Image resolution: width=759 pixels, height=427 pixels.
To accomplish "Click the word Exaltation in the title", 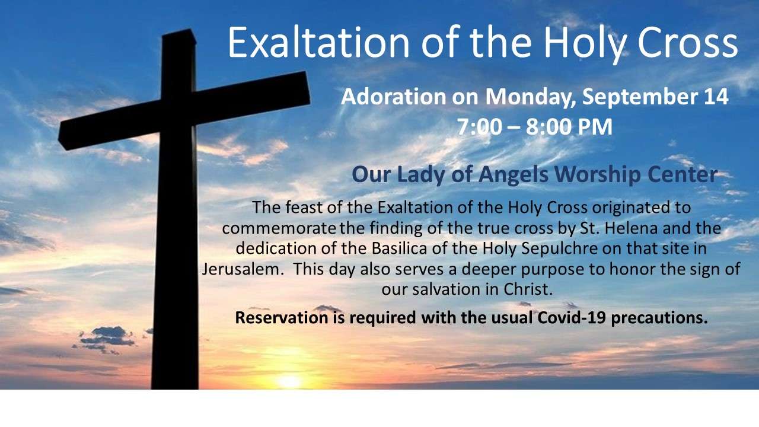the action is [x=318, y=42].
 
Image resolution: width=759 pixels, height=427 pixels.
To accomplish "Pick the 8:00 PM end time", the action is [x=569, y=127].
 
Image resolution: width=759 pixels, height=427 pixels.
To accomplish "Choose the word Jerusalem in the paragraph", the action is [x=243, y=269].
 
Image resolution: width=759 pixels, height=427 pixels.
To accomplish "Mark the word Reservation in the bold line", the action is [x=282, y=318].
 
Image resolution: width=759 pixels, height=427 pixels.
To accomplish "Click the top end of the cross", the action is [x=179, y=32].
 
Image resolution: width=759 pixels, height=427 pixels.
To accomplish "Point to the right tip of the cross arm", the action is [x=310, y=88].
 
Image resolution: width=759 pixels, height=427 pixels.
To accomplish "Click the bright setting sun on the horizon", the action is [x=289, y=381].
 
